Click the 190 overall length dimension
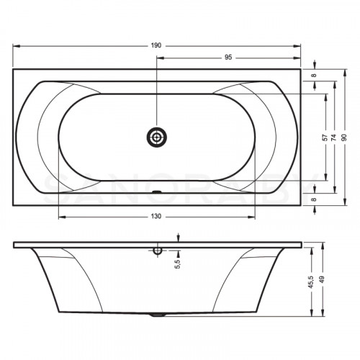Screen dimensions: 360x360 point(156,45)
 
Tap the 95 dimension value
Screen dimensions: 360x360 point(228,58)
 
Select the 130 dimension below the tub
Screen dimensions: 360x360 point(156,216)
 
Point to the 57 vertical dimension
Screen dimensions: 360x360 point(325,138)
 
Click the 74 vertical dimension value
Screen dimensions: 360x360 point(333,138)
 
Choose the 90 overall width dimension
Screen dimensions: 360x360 point(345,138)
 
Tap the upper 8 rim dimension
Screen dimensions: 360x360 point(314,75)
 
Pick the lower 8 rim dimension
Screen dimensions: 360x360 point(314,199)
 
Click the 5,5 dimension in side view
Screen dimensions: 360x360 point(178,264)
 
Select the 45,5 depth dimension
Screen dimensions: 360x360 point(311,282)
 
